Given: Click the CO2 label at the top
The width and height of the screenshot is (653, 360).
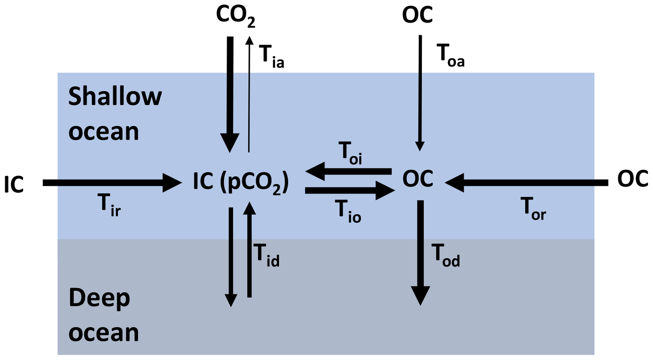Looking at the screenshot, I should click(x=235, y=16).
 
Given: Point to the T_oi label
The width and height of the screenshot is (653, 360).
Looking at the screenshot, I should click(x=350, y=153).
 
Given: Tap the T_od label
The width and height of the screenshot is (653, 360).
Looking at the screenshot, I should click(x=445, y=255).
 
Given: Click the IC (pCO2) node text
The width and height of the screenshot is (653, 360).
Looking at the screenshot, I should click(x=241, y=182).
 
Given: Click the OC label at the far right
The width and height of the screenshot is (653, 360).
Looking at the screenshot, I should click(x=632, y=179).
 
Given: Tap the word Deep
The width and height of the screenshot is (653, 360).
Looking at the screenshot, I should click(x=99, y=298).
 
